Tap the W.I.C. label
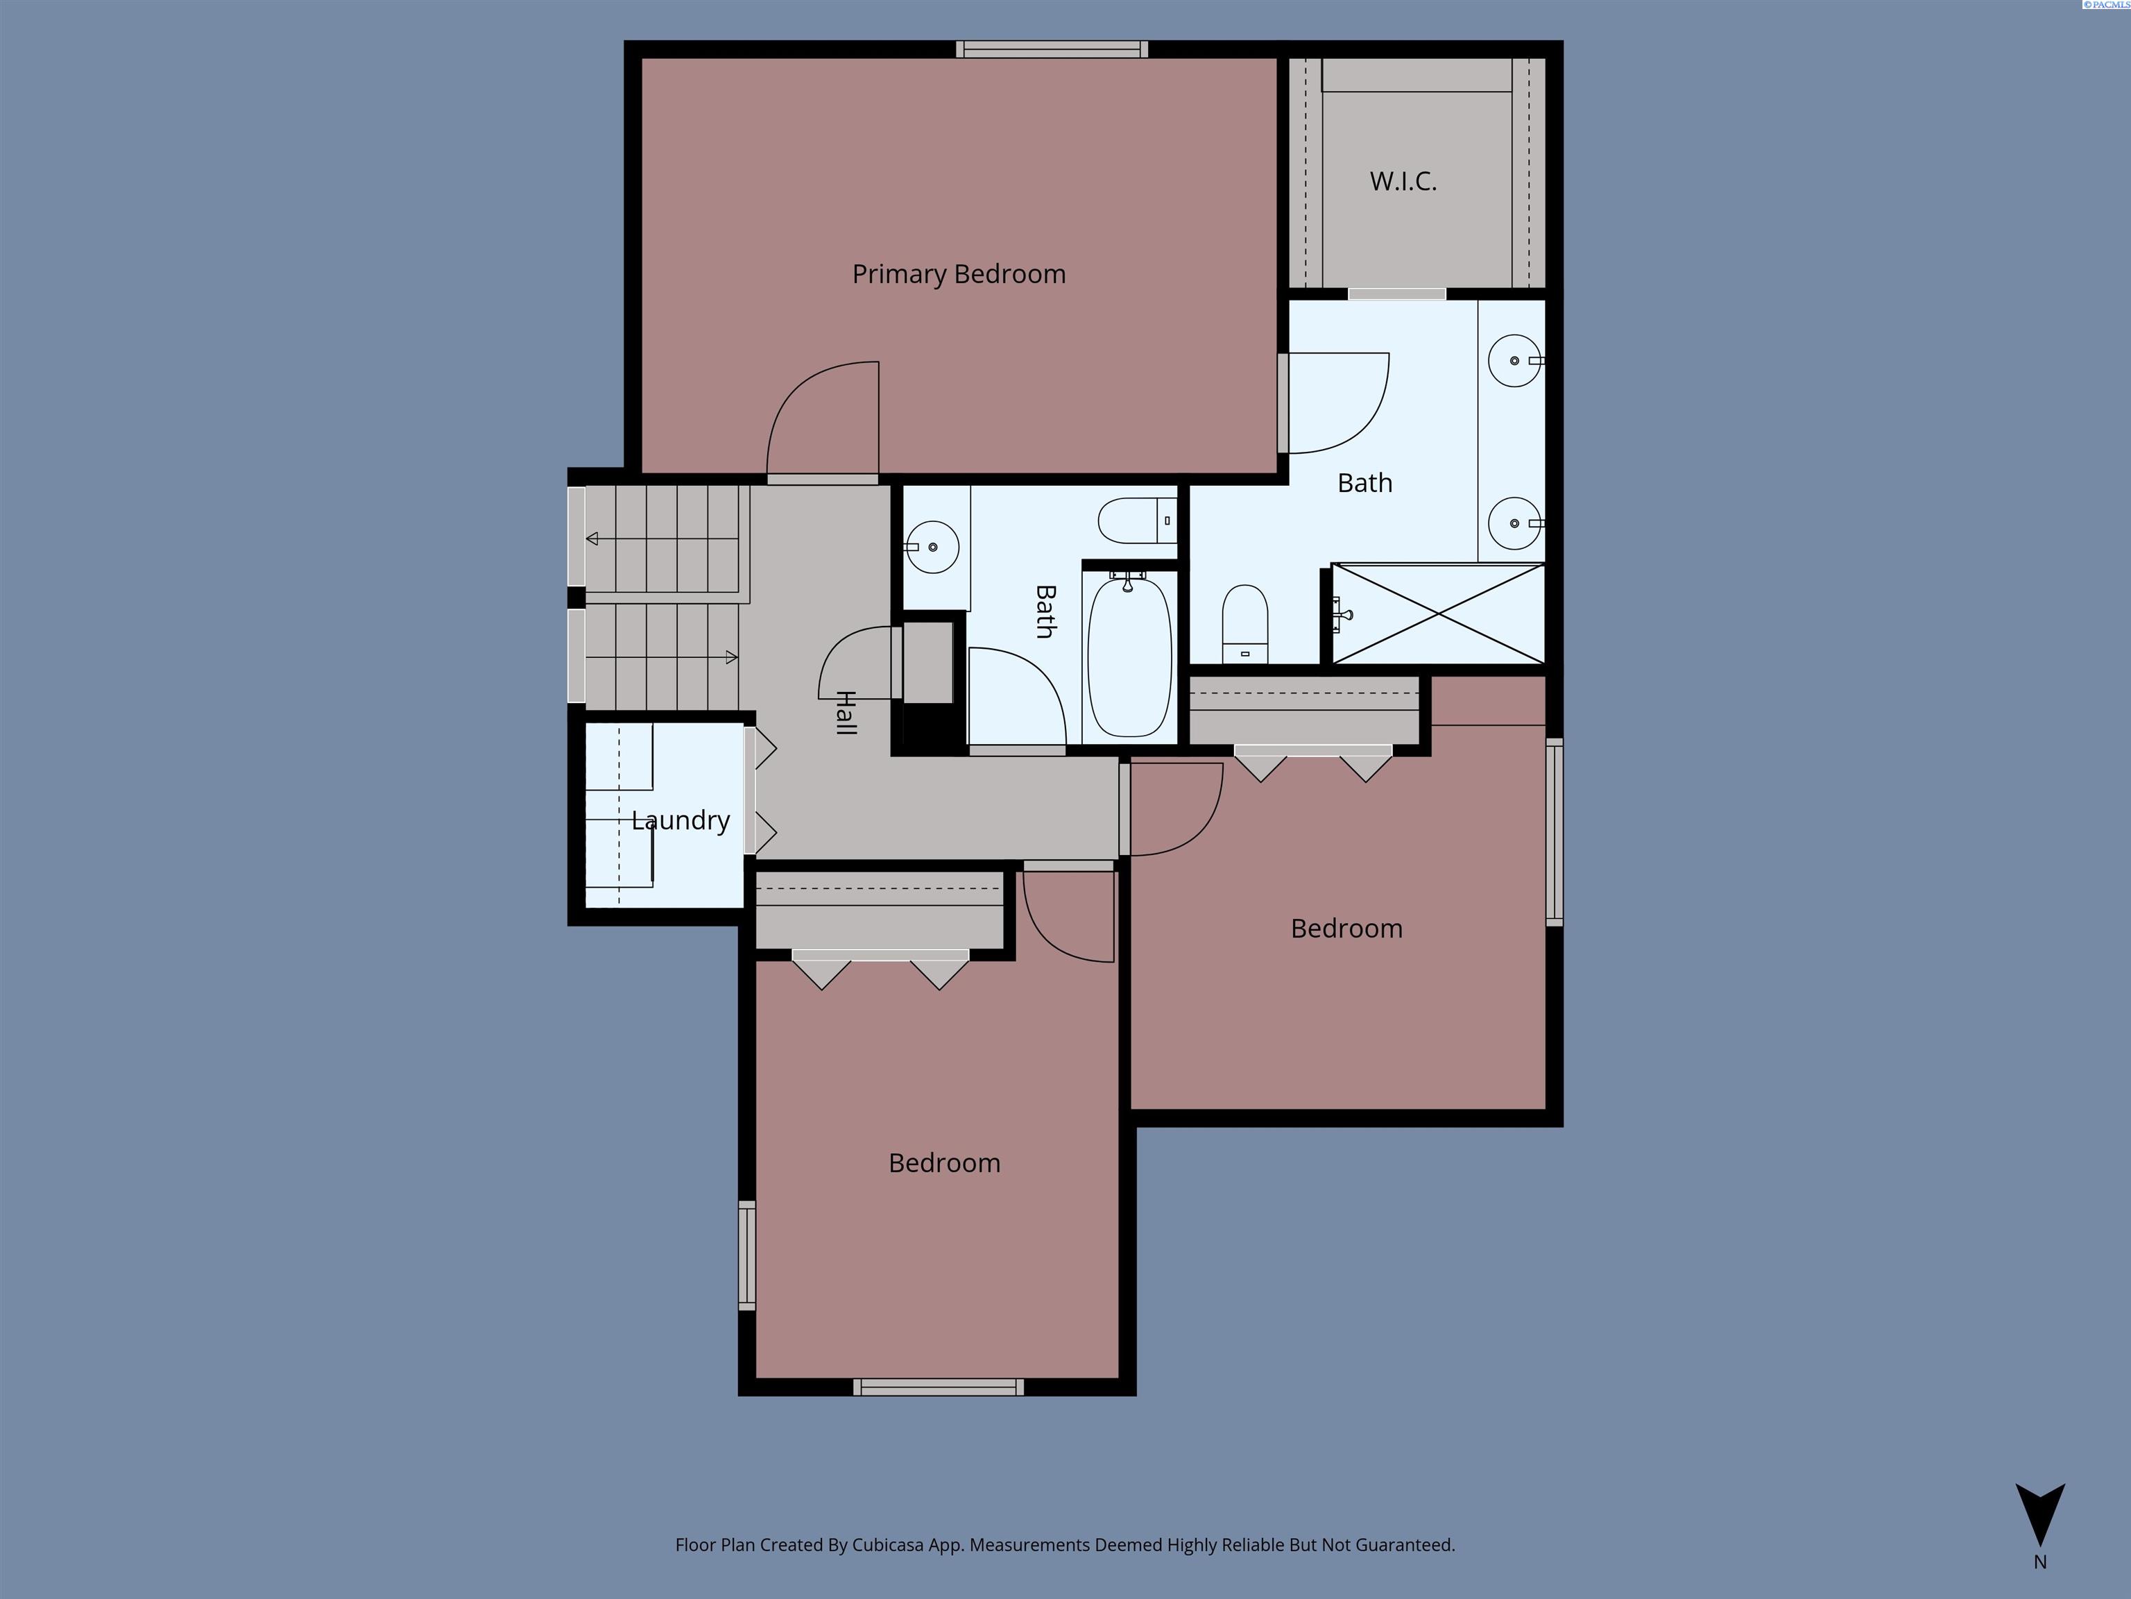(x=1403, y=181)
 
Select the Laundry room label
(x=680, y=820)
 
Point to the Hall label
(x=846, y=713)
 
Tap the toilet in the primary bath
(x=1244, y=624)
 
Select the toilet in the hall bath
(x=1137, y=521)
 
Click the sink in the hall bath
(x=932, y=546)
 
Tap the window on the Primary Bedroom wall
(x=1052, y=49)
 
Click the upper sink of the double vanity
(x=1514, y=360)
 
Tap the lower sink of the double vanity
(x=1514, y=523)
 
